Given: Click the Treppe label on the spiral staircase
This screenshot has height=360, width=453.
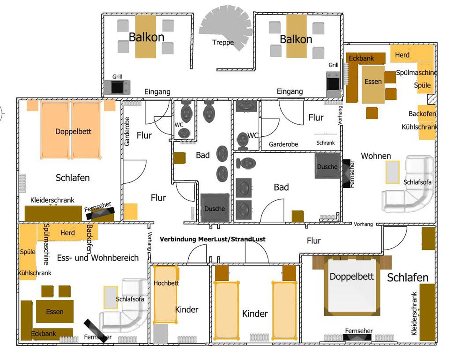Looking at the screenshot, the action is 223,43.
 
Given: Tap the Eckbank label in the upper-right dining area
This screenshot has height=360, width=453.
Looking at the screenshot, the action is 361,59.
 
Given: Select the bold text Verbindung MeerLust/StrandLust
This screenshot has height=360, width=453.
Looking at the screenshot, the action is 212,239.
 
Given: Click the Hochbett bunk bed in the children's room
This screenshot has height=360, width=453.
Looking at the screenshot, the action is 165,294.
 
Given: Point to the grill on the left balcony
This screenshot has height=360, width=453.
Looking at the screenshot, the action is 117,87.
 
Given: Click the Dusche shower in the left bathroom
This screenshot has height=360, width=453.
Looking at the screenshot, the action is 215,208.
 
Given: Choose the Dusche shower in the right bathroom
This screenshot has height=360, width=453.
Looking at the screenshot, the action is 327,166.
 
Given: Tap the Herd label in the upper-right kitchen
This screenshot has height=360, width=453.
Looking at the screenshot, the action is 402,55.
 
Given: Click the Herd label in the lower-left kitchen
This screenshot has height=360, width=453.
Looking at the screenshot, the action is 67,233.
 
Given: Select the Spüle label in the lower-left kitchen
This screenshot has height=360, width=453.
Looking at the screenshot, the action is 28,252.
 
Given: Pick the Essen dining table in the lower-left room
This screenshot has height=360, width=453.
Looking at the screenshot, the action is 55,311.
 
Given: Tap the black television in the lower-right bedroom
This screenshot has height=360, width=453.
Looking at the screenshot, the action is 357,337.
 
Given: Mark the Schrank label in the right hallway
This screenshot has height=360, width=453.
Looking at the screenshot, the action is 325,142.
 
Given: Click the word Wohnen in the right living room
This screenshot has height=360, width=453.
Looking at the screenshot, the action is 376,156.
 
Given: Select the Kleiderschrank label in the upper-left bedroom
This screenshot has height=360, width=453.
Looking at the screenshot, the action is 52,200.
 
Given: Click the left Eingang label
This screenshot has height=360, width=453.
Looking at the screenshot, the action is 157,92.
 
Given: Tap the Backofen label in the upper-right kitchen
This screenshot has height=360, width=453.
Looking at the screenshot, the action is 422,113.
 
